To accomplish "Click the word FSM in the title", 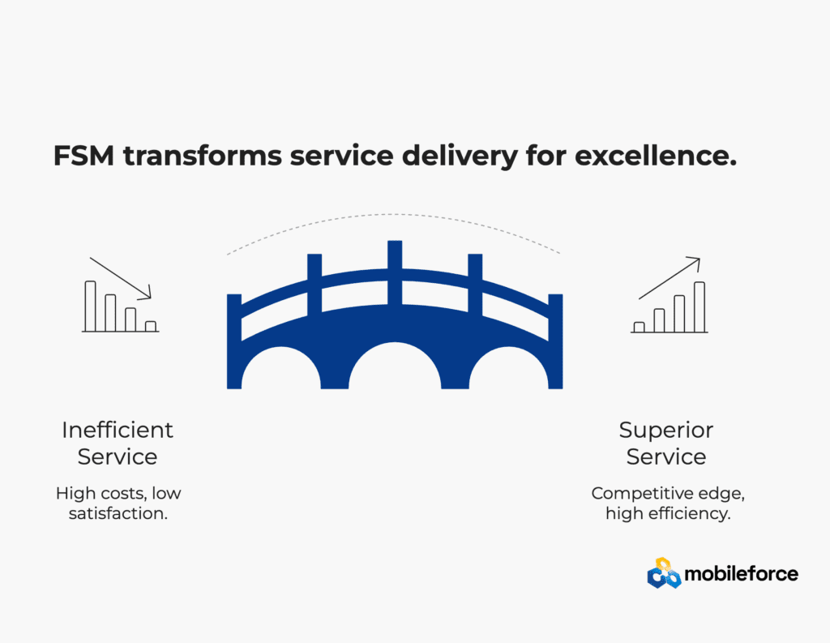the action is [83, 156].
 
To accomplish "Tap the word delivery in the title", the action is [460, 156].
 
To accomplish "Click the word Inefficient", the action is [118, 430].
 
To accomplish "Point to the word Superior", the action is [666, 430].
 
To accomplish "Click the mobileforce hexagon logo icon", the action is [664, 573].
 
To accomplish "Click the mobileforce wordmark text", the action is [741, 573].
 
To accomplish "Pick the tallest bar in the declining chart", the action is [91, 306].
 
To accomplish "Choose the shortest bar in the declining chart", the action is [151, 326].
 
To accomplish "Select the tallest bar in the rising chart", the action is [700, 307].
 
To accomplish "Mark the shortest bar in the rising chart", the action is [639, 328].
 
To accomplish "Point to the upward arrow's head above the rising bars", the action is [696, 260].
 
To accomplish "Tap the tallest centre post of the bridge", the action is [395, 272].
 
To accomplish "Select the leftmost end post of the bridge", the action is [234, 341].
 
